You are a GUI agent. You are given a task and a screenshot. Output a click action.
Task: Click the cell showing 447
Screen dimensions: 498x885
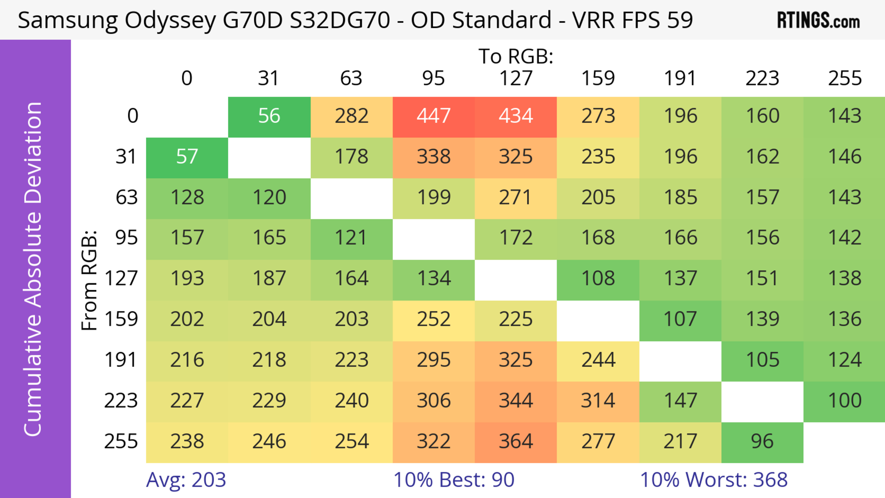tap(434, 116)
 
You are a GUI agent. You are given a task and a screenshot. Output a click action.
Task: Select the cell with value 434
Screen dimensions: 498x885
tap(516, 116)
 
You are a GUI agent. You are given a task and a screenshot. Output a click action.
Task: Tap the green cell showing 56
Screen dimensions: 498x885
tap(269, 116)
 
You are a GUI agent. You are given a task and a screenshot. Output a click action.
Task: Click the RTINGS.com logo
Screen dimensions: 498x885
tap(818, 21)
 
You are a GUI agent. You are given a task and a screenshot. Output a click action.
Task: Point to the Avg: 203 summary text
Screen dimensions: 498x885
tap(186, 480)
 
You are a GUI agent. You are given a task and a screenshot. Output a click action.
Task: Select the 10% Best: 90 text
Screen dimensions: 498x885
tap(454, 480)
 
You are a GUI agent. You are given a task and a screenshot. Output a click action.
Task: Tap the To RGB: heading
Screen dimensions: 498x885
tap(516, 56)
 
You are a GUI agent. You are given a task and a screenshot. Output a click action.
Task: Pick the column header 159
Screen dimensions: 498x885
tap(598, 79)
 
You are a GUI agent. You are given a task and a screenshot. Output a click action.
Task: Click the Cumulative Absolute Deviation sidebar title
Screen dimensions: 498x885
tap(33, 269)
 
